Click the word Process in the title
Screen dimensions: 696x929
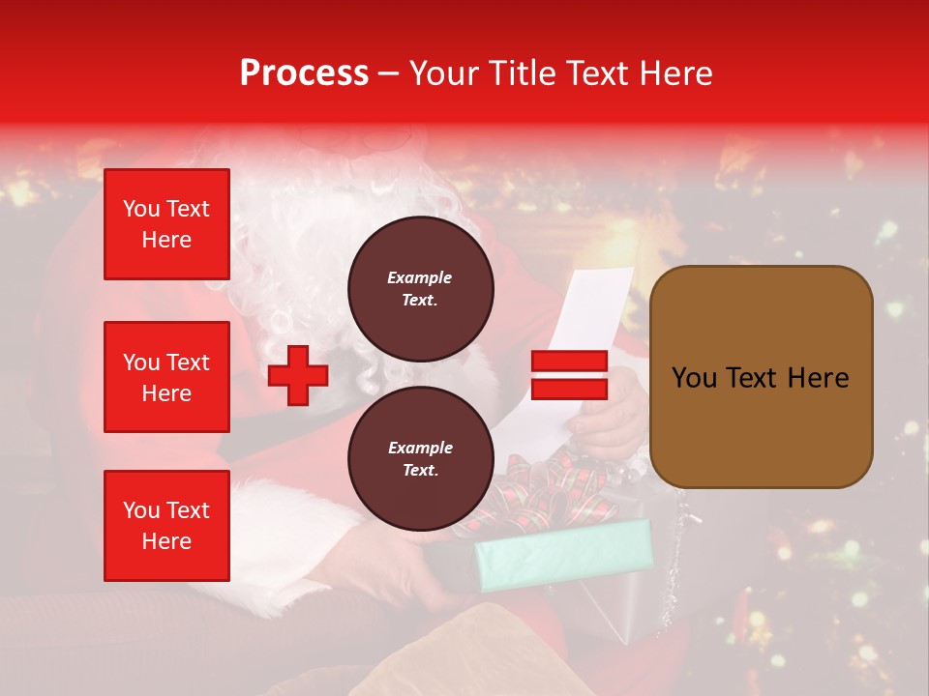coord(304,73)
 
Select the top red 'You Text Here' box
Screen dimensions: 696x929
coord(166,224)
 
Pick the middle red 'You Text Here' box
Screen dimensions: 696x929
coord(166,377)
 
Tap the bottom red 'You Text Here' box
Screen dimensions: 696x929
coord(166,526)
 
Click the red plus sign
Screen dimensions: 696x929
coord(298,375)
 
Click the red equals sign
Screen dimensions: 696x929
coord(569,375)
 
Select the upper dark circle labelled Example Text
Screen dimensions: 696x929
coord(420,289)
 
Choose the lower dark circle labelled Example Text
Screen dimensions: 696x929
coord(420,459)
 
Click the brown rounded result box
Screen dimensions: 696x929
coord(761,377)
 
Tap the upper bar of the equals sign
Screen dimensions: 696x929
coord(569,362)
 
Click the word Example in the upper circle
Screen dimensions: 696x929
coord(420,277)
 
